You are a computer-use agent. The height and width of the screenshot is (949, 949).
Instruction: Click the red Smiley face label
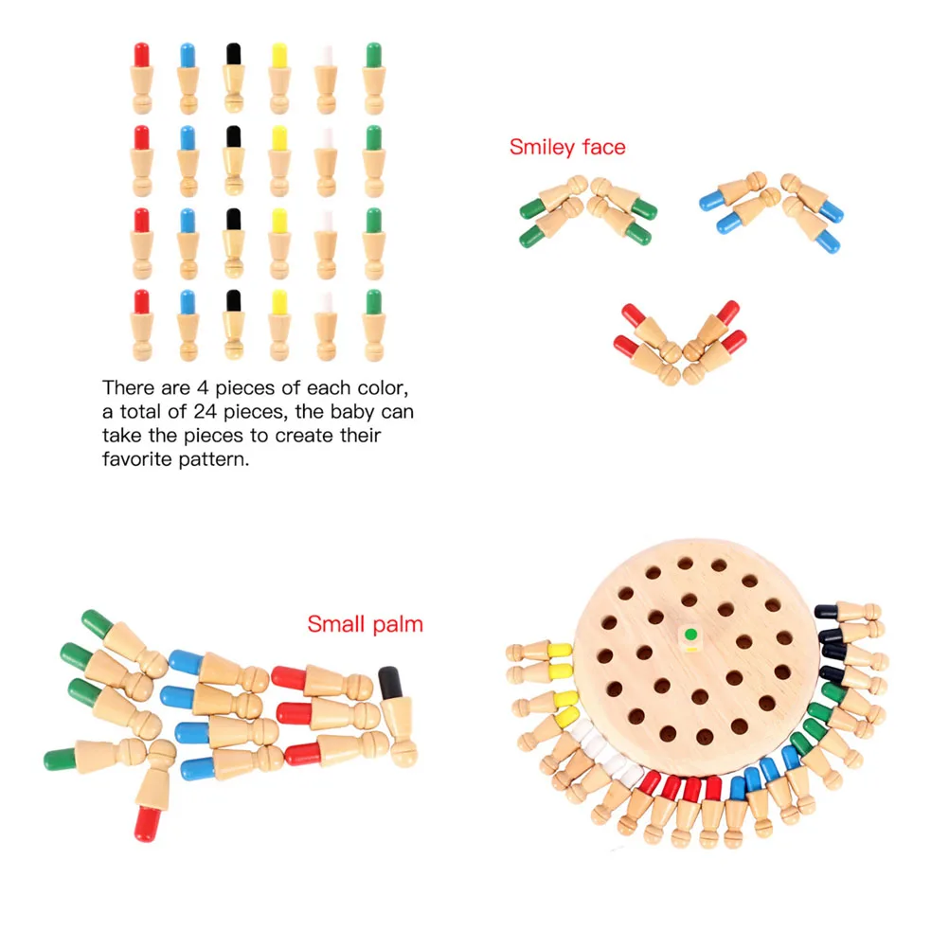tap(566, 147)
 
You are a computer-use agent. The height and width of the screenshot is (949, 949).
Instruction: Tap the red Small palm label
tap(365, 624)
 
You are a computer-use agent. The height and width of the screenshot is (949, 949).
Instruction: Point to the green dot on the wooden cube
tap(691, 634)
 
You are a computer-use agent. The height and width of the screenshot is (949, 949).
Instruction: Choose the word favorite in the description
tap(136, 459)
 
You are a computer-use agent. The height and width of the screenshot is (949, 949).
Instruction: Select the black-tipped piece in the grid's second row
tap(233, 159)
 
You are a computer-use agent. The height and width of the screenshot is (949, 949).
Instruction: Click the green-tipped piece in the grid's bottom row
tap(373, 325)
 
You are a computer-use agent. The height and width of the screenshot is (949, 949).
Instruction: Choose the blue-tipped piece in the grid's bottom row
tap(188, 325)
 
